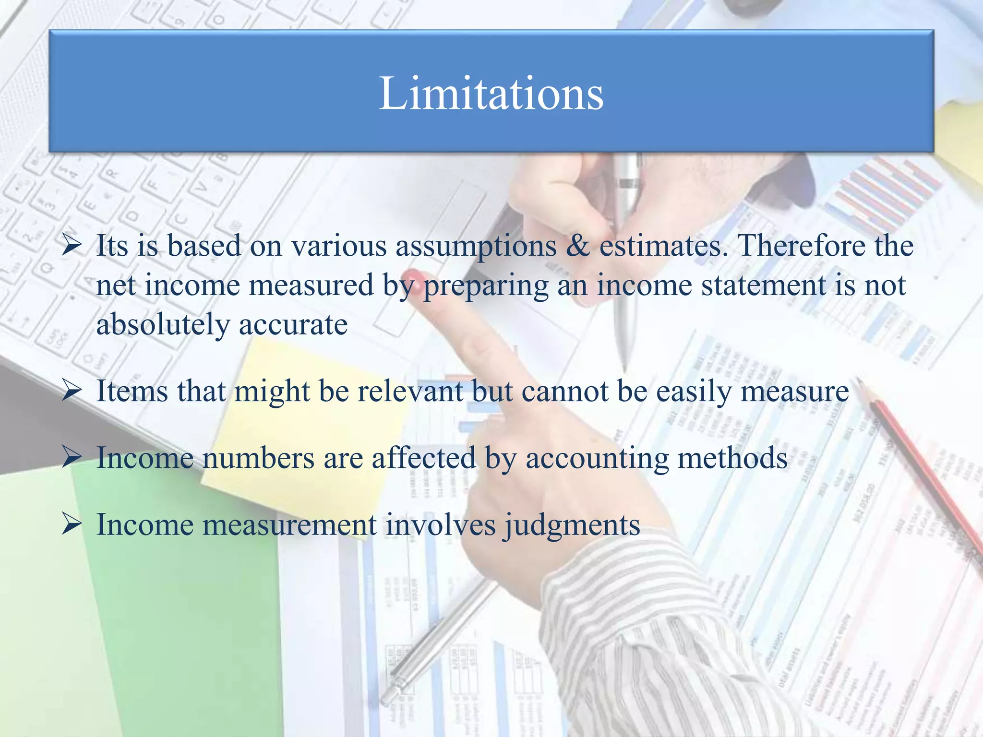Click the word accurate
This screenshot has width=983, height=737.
(293, 325)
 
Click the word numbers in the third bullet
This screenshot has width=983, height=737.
(259, 458)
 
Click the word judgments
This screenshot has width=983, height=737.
(571, 525)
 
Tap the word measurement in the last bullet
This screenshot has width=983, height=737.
(289, 524)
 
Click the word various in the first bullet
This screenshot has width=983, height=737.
(339, 246)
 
